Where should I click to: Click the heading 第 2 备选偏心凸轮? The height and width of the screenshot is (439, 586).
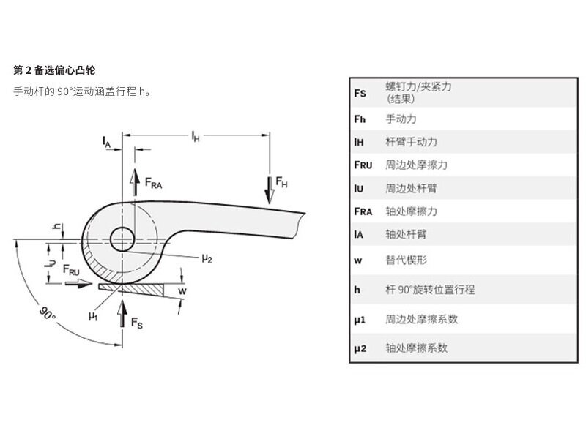[x=54, y=70]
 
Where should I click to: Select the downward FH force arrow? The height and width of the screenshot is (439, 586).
[x=270, y=187]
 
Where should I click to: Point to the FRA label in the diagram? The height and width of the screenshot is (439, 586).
[x=152, y=185]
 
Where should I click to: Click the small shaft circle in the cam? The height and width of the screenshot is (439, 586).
[x=122, y=238]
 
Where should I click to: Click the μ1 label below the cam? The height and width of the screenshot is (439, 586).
[x=93, y=316]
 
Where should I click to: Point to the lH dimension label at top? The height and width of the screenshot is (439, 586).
[x=195, y=135]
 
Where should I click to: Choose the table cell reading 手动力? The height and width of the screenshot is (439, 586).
[x=401, y=118]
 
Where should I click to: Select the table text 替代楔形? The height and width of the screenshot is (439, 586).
[x=406, y=258]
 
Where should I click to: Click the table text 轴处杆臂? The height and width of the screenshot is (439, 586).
[x=406, y=235]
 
